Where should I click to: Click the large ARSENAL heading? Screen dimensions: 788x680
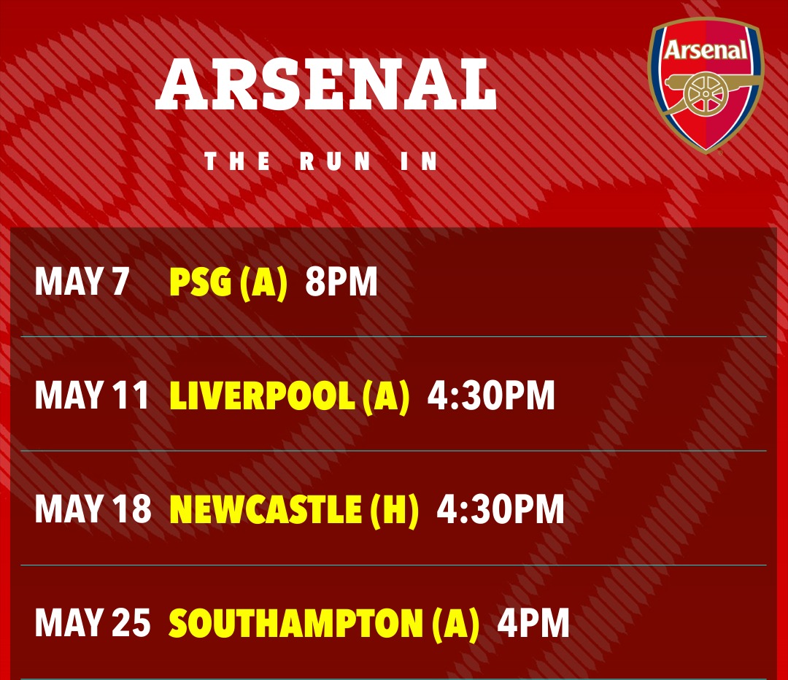[325, 85]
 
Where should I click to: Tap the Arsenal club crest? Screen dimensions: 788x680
[706, 85]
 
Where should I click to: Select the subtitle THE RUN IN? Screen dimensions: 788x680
[320, 161]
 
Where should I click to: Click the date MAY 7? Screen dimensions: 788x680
[82, 281]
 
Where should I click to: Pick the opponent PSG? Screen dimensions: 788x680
[201, 282]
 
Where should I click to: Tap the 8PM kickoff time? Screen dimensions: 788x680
[341, 281]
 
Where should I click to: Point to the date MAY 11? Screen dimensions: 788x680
[92, 395]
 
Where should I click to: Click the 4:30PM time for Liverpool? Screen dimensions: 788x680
[491, 395]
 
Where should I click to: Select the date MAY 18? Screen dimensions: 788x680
[93, 509]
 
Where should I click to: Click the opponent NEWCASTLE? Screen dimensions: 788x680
[266, 509]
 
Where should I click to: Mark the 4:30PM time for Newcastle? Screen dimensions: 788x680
[501, 509]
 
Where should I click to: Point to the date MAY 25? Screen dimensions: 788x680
[93, 622]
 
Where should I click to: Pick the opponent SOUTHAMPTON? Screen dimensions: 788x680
[296, 623]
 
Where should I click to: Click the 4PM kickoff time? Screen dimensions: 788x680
[533, 623]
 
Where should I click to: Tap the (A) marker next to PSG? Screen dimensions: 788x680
[263, 282]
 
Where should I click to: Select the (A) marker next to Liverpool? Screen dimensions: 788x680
[386, 396]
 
